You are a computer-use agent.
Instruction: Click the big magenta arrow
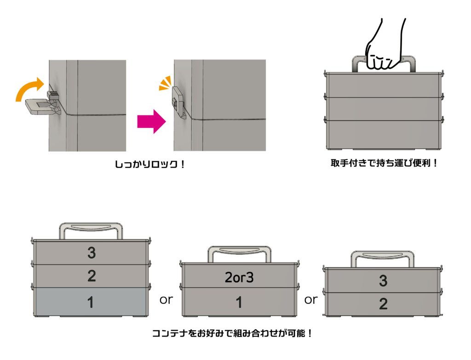pos(151,120)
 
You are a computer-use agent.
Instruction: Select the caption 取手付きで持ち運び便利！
pos(384,163)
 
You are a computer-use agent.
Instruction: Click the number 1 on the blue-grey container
pos(91,302)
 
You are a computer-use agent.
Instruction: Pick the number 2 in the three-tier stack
pos(91,276)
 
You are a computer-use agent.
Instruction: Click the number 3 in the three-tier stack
pos(91,252)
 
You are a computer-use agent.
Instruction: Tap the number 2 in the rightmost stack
pos(383,304)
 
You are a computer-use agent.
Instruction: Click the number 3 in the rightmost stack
pos(383,280)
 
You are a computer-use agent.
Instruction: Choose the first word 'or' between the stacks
pos(166,300)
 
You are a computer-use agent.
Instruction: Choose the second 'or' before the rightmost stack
pos(311,300)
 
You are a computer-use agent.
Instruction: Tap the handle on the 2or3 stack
pos(238,252)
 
